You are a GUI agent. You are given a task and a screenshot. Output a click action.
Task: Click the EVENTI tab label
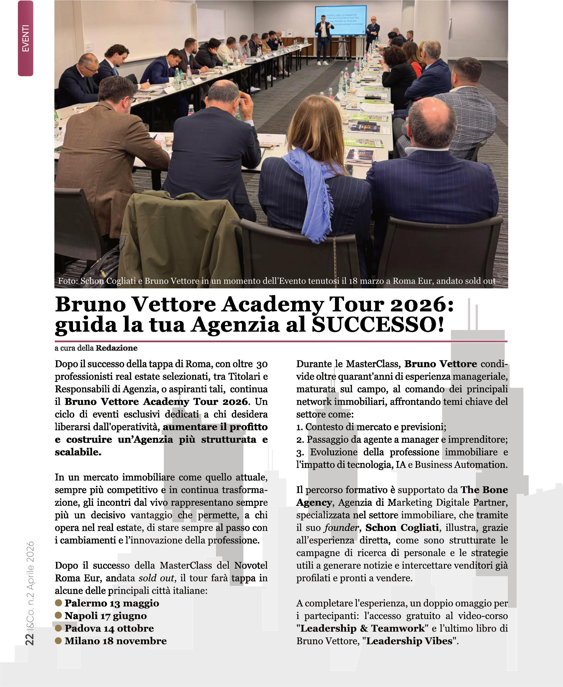tap(26, 38)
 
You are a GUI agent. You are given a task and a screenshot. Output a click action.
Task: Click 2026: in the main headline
tap(422, 304)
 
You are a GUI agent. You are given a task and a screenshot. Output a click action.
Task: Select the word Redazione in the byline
tap(116, 348)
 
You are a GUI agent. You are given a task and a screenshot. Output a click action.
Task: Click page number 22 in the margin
tap(30, 639)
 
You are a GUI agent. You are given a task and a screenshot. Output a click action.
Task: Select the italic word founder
tap(341, 528)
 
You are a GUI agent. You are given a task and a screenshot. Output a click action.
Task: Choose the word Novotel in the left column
tap(251, 565)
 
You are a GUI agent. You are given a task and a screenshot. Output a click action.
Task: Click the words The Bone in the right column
tap(484, 490)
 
